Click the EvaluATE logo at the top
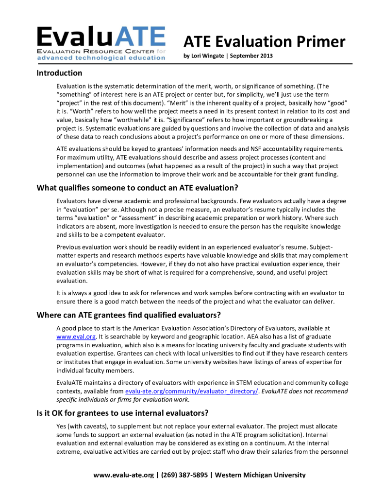tap(101, 43)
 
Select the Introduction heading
tap(59, 73)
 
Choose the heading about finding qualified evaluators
tap(129, 315)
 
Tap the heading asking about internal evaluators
tap(122, 413)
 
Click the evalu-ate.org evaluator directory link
tap(191, 391)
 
